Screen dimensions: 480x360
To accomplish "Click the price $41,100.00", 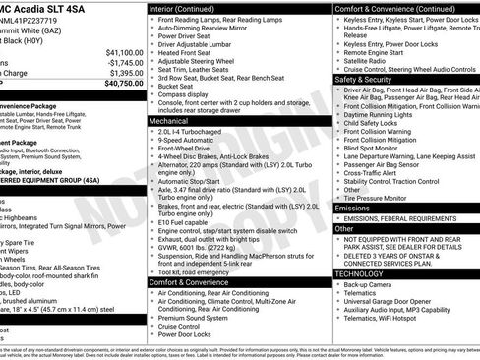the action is click(125, 52).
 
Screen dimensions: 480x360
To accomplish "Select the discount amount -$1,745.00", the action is click(124, 62).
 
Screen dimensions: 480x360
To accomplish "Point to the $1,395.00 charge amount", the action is click(125, 73).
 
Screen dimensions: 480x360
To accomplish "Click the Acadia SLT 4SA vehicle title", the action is click(49, 7).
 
